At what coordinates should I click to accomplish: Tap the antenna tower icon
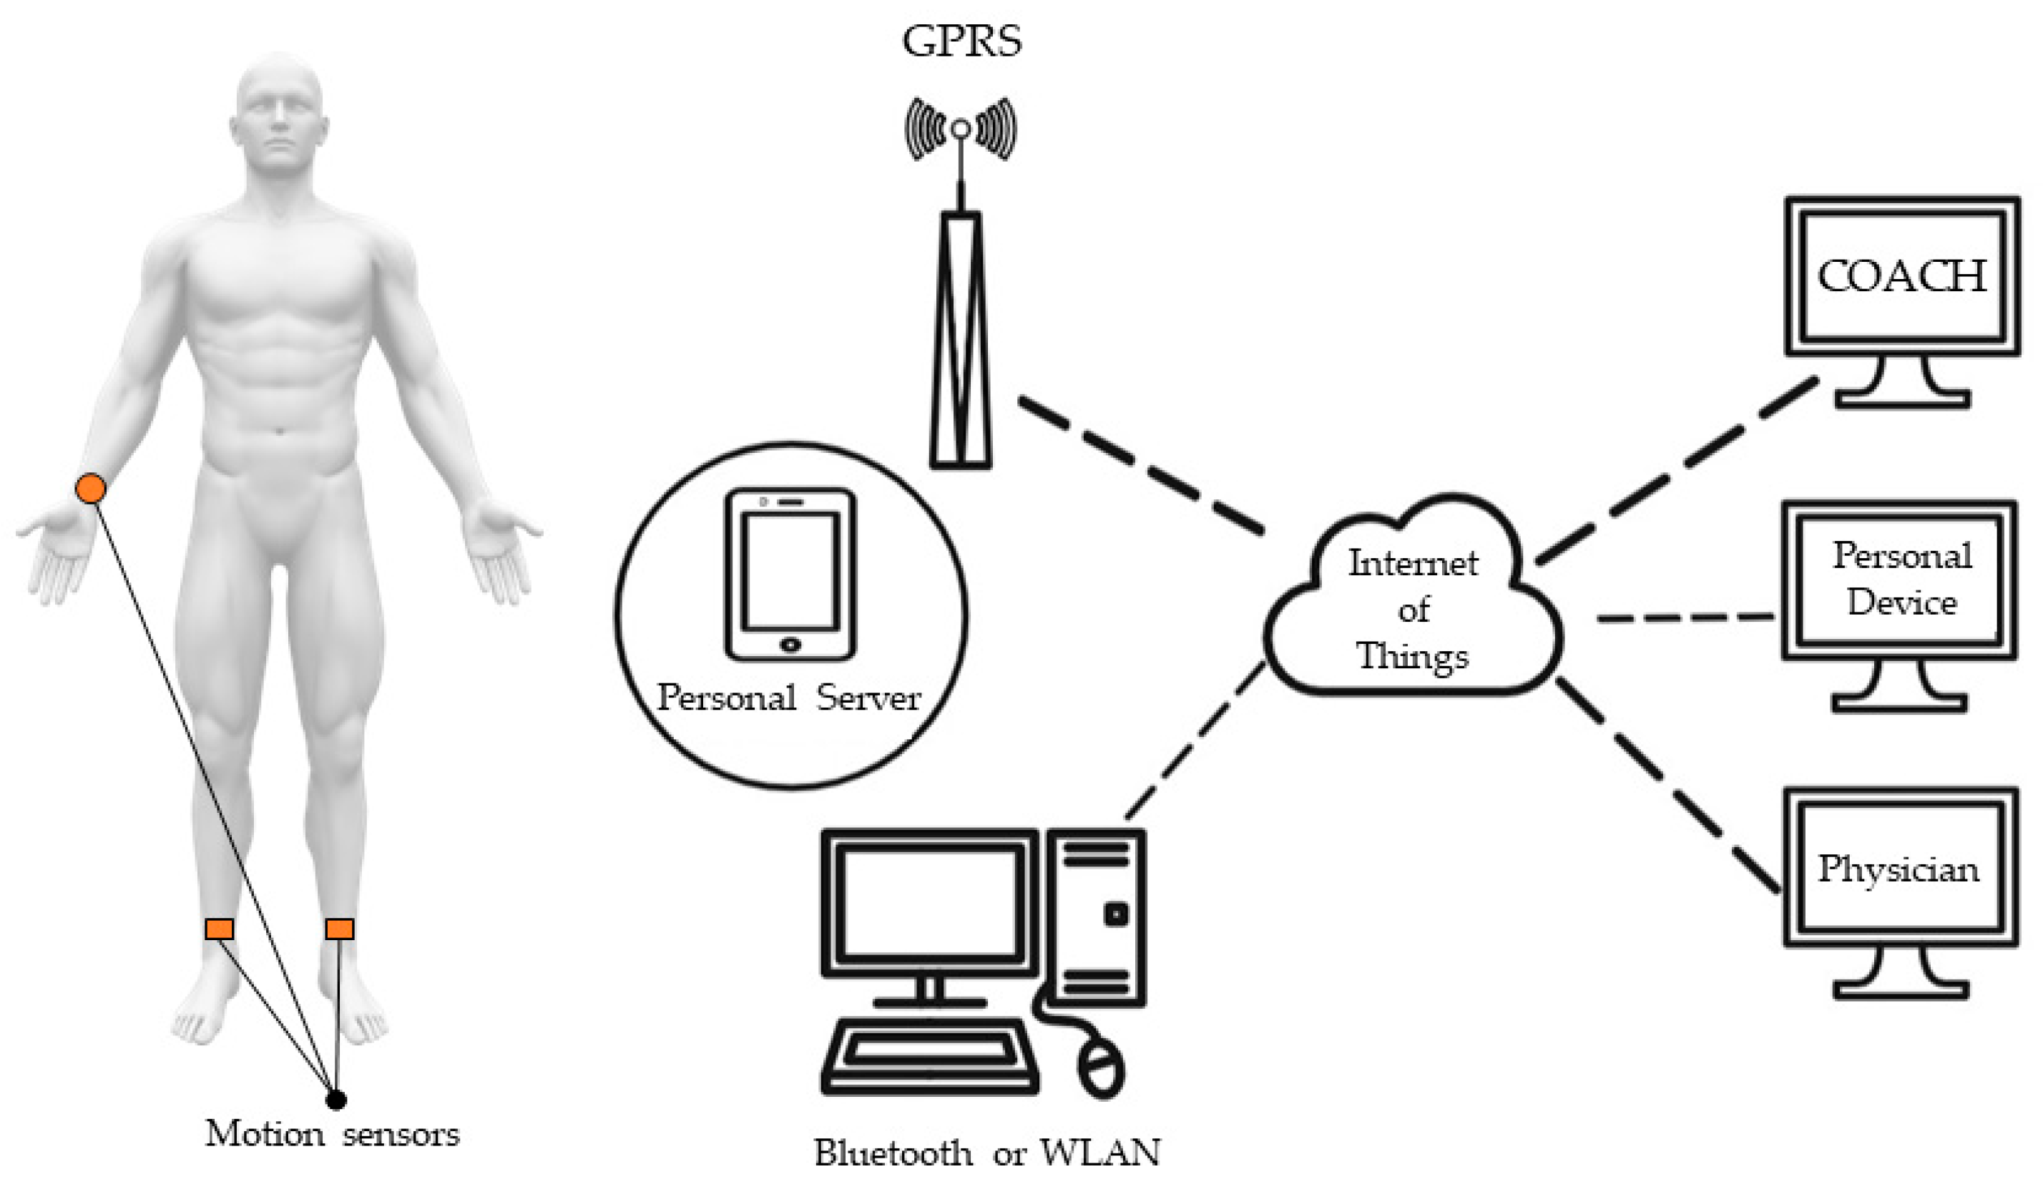point(961,324)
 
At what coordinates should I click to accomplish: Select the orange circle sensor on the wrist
point(90,489)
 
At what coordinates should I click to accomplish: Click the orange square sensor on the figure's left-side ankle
point(219,929)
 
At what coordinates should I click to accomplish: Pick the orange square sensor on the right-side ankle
point(340,929)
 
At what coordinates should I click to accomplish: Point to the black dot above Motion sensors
point(335,1100)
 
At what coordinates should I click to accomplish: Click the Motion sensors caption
point(332,1133)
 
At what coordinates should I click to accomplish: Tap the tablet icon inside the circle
point(790,574)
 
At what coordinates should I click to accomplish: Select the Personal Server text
point(789,698)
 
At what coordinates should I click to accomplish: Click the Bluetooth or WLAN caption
point(986,1153)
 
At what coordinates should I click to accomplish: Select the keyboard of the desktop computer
point(930,1054)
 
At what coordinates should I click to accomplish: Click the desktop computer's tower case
point(1094,917)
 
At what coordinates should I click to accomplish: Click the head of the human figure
point(279,114)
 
